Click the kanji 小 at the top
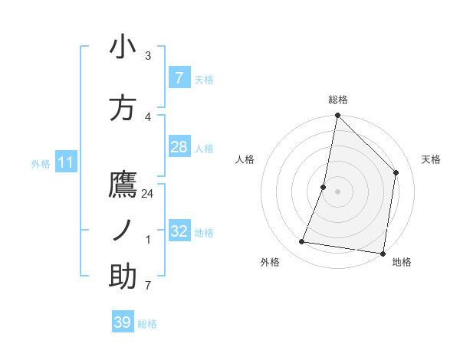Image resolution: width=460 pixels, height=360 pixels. pyautogui.click(x=123, y=47)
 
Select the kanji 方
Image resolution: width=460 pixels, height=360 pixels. pyautogui.click(x=123, y=108)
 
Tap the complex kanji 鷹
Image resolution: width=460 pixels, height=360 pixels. pyautogui.click(x=123, y=185)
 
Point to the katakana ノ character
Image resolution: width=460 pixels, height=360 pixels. pyautogui.click(x=123, y=231)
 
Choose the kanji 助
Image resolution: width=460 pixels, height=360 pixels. pyautogui.click(x=123, y=277)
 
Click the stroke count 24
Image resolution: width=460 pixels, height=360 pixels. pyautogui.click(x=148, y=194)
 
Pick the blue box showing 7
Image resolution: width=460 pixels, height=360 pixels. pyautogui.click(x=179, y=78)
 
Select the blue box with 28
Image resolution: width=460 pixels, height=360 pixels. pyautogui.click(x=179, y=147)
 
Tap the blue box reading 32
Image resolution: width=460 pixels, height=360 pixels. pyautogui.click(x=179, y=231)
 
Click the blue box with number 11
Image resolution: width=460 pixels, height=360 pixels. pyautogui.click(x=66, y=162)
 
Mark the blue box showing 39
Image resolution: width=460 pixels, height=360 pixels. pyautogui.click(x=122, y=322)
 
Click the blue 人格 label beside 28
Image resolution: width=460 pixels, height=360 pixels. pyautogui.click(x=204, y=148)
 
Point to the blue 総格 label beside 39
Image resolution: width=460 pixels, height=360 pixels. pyautogui.click(x=147, y=324)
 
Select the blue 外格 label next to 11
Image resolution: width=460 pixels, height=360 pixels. pyautogui.click(x=41, y=163)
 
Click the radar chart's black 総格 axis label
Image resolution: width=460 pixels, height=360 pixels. pyautogui.click(x=337, y=100)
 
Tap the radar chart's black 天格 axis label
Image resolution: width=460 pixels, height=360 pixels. pyautogui.click(x=431, y=159)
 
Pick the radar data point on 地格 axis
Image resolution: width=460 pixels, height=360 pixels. pyautogui.click(x=383, y=254)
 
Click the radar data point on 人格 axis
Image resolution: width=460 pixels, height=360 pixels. pyautogui.click(x=324, y=187)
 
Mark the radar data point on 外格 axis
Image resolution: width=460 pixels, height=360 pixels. pyautogui.click(x=302, y=242)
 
